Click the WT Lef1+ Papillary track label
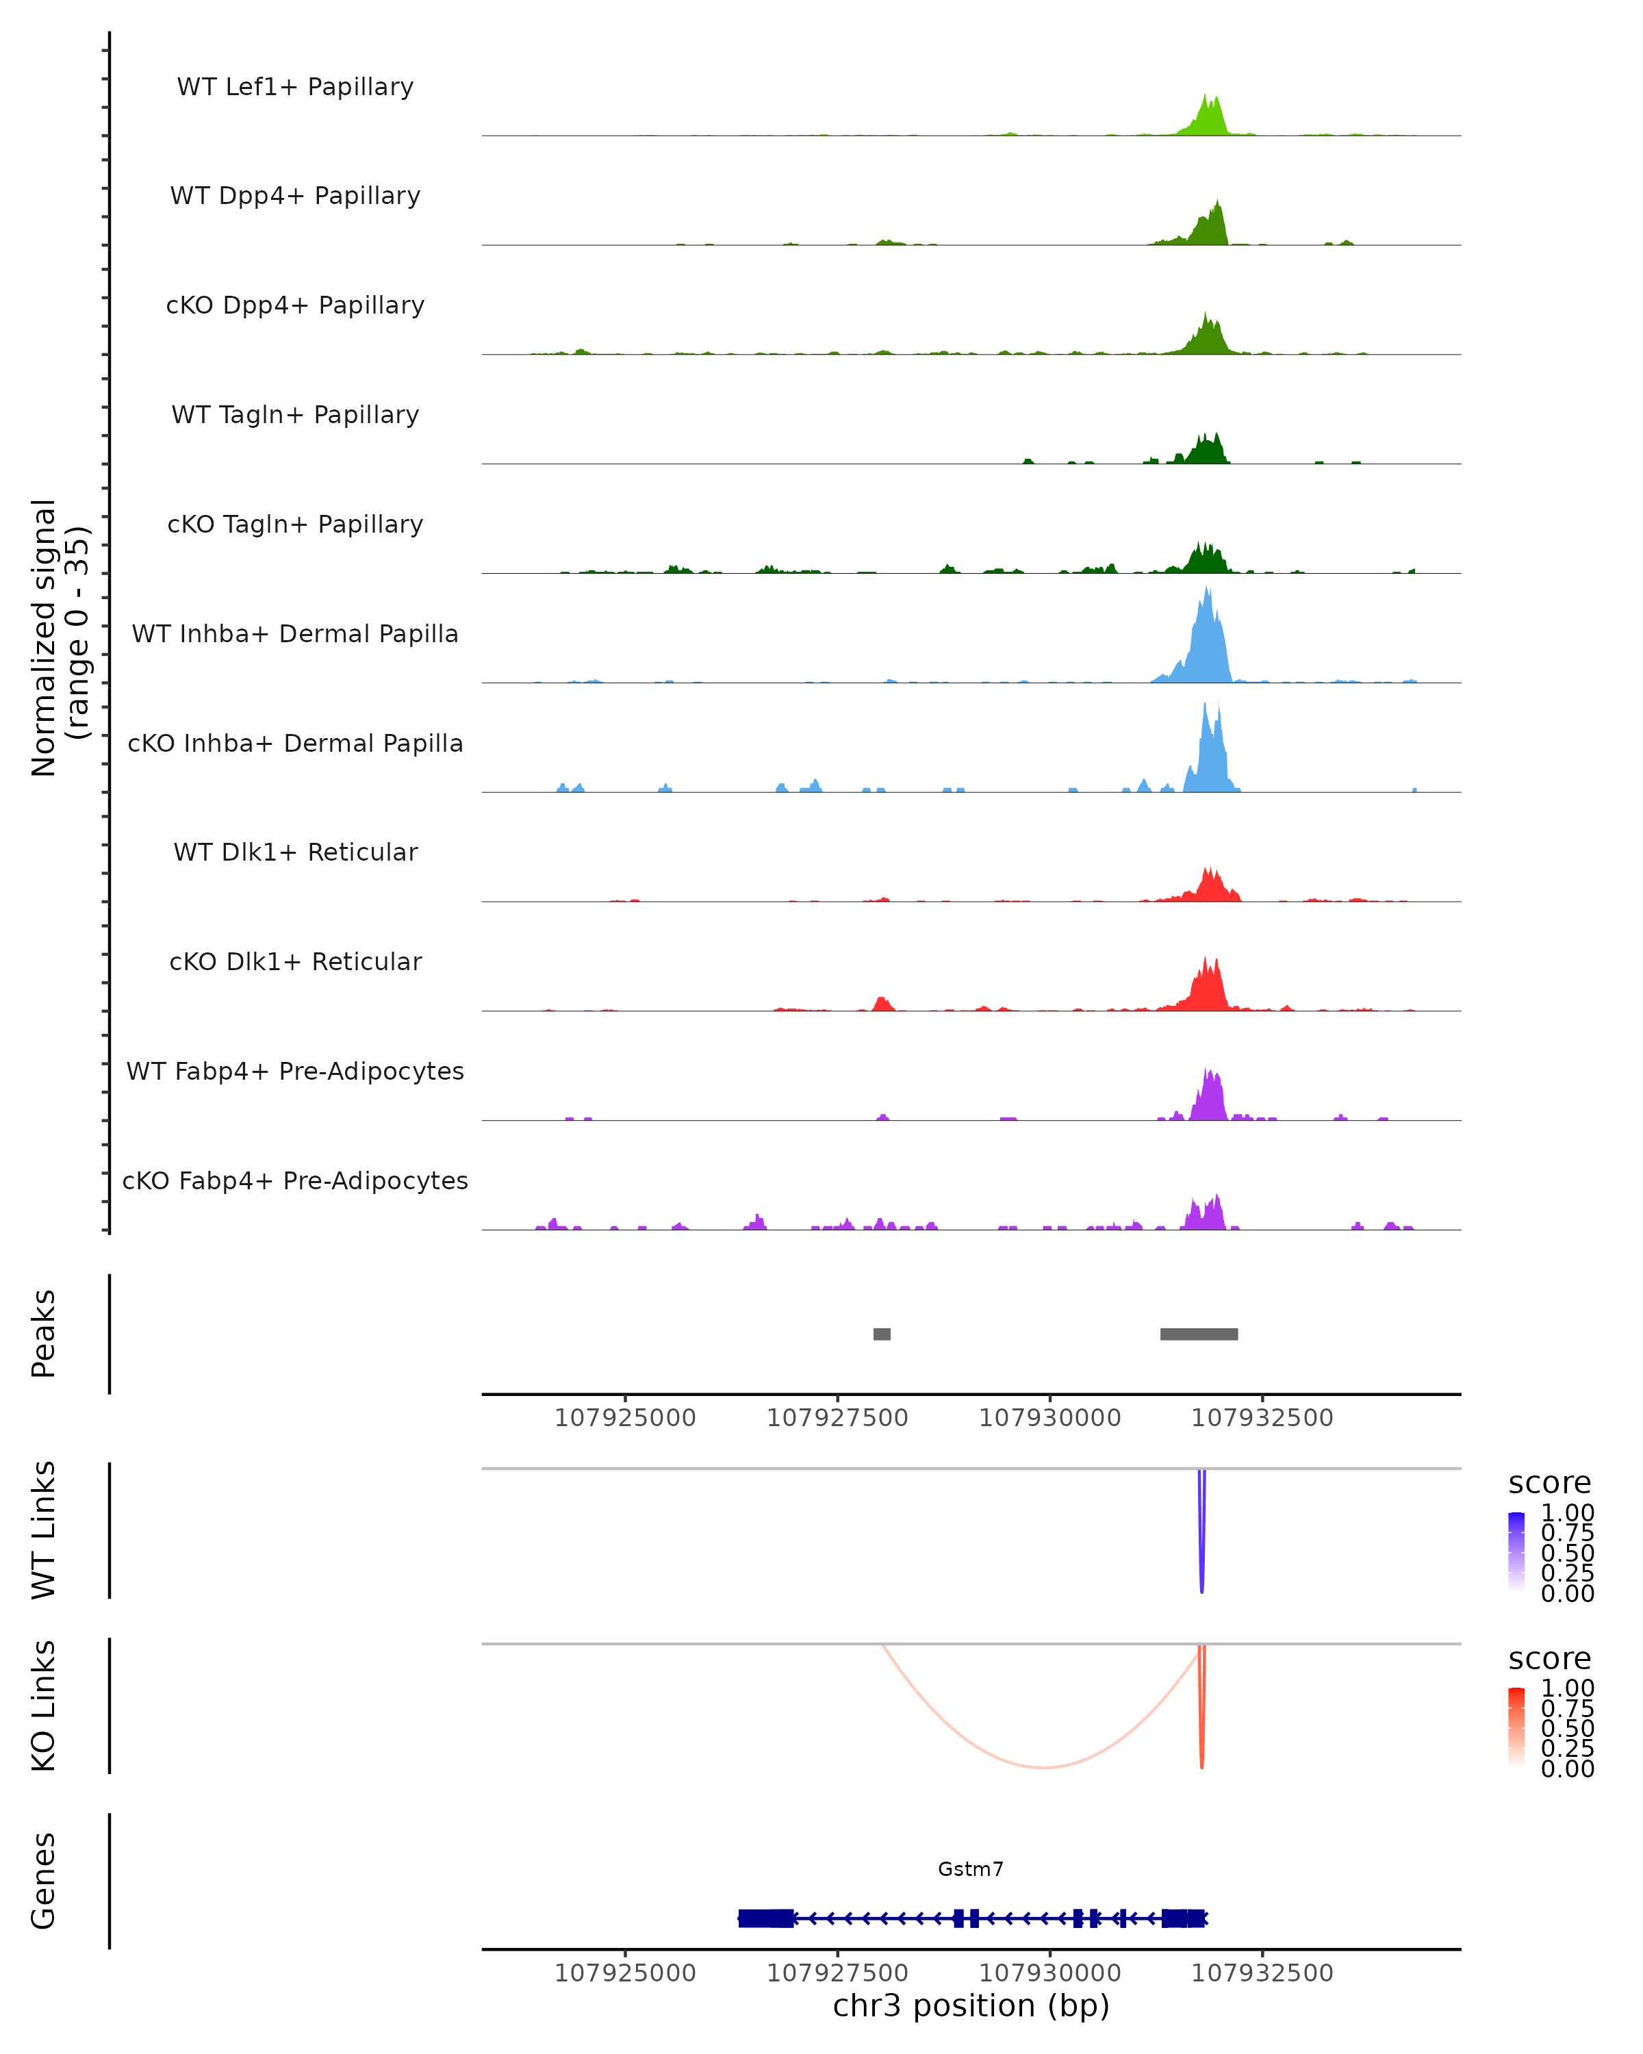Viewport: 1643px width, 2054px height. pyautogui.click(x=295, y=87)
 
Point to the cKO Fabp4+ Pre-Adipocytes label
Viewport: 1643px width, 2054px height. pyautogui.click(x=295, y=1180)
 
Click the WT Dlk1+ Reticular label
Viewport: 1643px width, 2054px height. pyautogui.click(x=295, y=852)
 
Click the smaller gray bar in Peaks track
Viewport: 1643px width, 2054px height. pyautogui.click(x=882, y=1334)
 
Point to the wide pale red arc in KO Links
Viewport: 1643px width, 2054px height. pyautogui.click(x=1044, y=1767)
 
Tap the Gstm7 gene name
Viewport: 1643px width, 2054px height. pyautogui.click(x=971, y=1869)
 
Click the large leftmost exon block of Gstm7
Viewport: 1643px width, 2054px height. pyautogui.click(x=766, y=1918)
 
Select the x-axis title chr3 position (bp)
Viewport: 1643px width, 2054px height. pyautogui.click(x=971, y=2005)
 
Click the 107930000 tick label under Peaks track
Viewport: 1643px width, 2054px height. pyautogui.click(x=1049, y=1418)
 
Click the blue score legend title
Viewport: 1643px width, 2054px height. pyautogui.click(x=1549, y=1484)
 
